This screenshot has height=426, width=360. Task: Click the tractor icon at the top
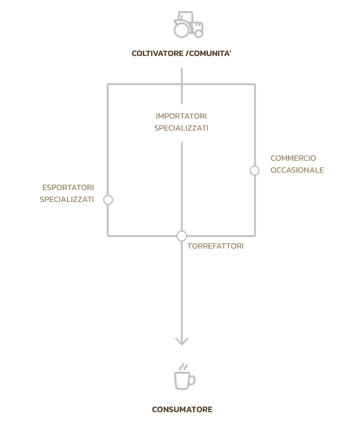pos(188,24)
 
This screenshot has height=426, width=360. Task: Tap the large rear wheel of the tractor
pos(181,29)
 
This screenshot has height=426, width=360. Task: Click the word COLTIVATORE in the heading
pos(157,54)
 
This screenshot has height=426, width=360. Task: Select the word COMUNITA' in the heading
pos(210,54)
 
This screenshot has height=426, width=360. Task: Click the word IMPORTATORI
pos(181,116)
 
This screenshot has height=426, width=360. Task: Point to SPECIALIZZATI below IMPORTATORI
pos(181,128)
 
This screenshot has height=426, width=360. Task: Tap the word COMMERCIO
pos(293,158)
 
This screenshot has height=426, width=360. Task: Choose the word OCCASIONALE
pos(297,170)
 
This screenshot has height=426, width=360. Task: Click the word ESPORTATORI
pos(68,188)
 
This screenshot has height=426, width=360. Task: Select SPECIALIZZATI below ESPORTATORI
pos(67,200)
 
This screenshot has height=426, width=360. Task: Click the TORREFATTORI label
pos(215,246)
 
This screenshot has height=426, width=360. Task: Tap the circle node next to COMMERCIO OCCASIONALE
pos(255,170)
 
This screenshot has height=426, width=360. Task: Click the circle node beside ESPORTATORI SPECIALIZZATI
pos(108,200)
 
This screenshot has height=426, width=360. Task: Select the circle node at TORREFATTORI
pos(182,236)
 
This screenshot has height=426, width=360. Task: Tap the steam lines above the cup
pos(184,367)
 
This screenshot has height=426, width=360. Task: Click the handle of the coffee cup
pos(193,380)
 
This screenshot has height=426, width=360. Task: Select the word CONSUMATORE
pos(182,409)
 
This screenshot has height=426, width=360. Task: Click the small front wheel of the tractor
pos(199,33)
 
